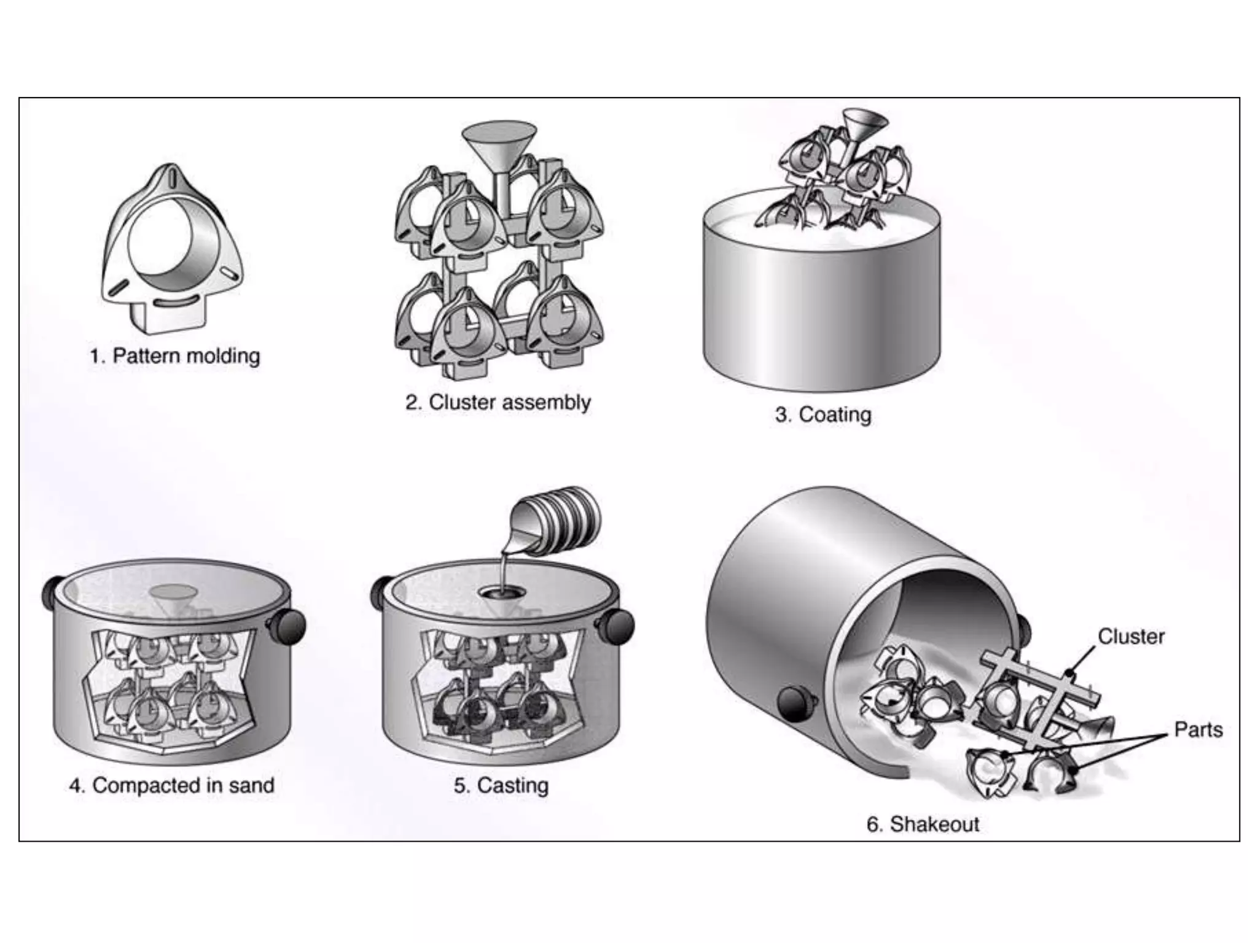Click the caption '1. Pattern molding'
point(175,356)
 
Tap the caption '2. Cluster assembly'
point(498,403)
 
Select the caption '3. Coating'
point(822,415)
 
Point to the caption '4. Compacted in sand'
point(171,786)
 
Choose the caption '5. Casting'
point(501,786)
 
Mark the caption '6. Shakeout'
point(922,824)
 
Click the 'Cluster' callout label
point(1131,637)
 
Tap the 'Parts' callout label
point(1198,730)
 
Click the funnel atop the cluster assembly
point(499,147)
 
